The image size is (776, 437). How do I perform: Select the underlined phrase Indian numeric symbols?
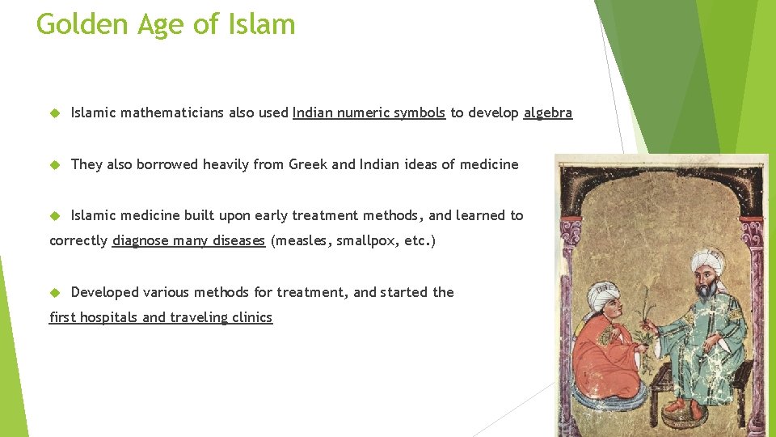369,113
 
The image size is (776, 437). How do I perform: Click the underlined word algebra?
548,113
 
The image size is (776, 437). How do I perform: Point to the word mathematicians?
172,113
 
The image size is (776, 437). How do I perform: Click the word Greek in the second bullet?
310,164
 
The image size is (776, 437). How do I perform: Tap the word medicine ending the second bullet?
489,164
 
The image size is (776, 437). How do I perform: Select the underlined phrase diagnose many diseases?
188,241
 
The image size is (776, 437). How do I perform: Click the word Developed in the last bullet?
102,292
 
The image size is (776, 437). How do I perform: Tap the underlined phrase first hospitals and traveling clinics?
161,317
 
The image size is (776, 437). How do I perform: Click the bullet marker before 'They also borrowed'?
55,164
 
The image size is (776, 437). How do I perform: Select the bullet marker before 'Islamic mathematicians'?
55,113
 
